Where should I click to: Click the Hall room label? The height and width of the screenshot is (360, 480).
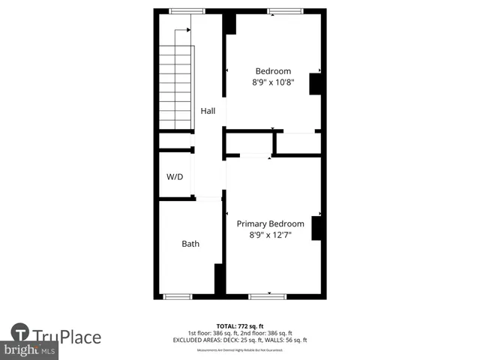208,111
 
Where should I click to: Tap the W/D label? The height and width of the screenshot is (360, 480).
175,177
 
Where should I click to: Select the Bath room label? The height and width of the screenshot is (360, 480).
190,244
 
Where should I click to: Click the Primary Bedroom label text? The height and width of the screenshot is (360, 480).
271,223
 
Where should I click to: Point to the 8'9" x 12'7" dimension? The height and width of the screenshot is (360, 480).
271,235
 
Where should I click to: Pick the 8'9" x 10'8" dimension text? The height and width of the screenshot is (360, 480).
272,82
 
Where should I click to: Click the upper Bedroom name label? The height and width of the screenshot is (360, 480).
273,71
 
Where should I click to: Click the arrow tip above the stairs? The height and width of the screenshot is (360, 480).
188,30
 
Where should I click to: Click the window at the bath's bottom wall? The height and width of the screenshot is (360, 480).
178,296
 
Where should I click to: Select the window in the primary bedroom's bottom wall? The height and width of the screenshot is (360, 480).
267,296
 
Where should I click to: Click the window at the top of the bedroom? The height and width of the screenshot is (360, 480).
285,10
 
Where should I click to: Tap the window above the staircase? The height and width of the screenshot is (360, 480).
187,10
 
